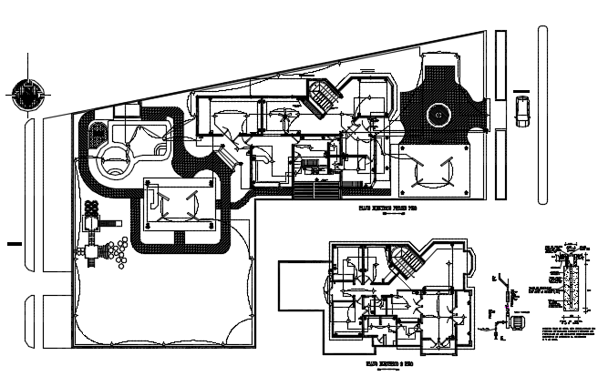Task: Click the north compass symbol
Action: (28, 94)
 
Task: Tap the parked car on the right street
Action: (521, 110)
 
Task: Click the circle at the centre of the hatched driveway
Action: (439, 116)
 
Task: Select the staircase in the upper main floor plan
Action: (321, 95)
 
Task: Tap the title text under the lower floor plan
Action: (390, 364)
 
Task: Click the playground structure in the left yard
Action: (92, 239)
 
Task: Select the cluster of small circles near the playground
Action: (116, 249)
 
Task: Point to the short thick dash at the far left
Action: (12, 243)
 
